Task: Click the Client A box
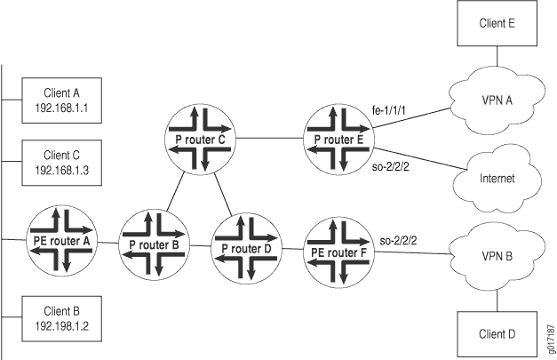tap(62, 100)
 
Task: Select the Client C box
tap(62, 163)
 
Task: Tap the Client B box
tap(62, 319)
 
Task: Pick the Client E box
tap(497, 23)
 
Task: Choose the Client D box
tap(497, 334)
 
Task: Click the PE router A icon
tap(61, 241)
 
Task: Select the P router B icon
tap(154, 244)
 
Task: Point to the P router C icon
tap(200, 140)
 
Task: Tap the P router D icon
tap(246, 248)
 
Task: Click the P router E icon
tap(338, 140)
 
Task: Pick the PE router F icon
tap(338, 252)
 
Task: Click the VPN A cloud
tap(497, 100)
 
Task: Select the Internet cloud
tap(497, 178)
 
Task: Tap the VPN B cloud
tap(497, 256)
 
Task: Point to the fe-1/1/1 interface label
tap(389, 111)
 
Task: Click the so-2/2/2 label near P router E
tap(390, 166)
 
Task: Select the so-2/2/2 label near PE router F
tap(398, 241)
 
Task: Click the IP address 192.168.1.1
tap(62, 108)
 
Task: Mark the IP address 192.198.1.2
tap(62, 326)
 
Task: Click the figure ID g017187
tap(552, 339)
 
